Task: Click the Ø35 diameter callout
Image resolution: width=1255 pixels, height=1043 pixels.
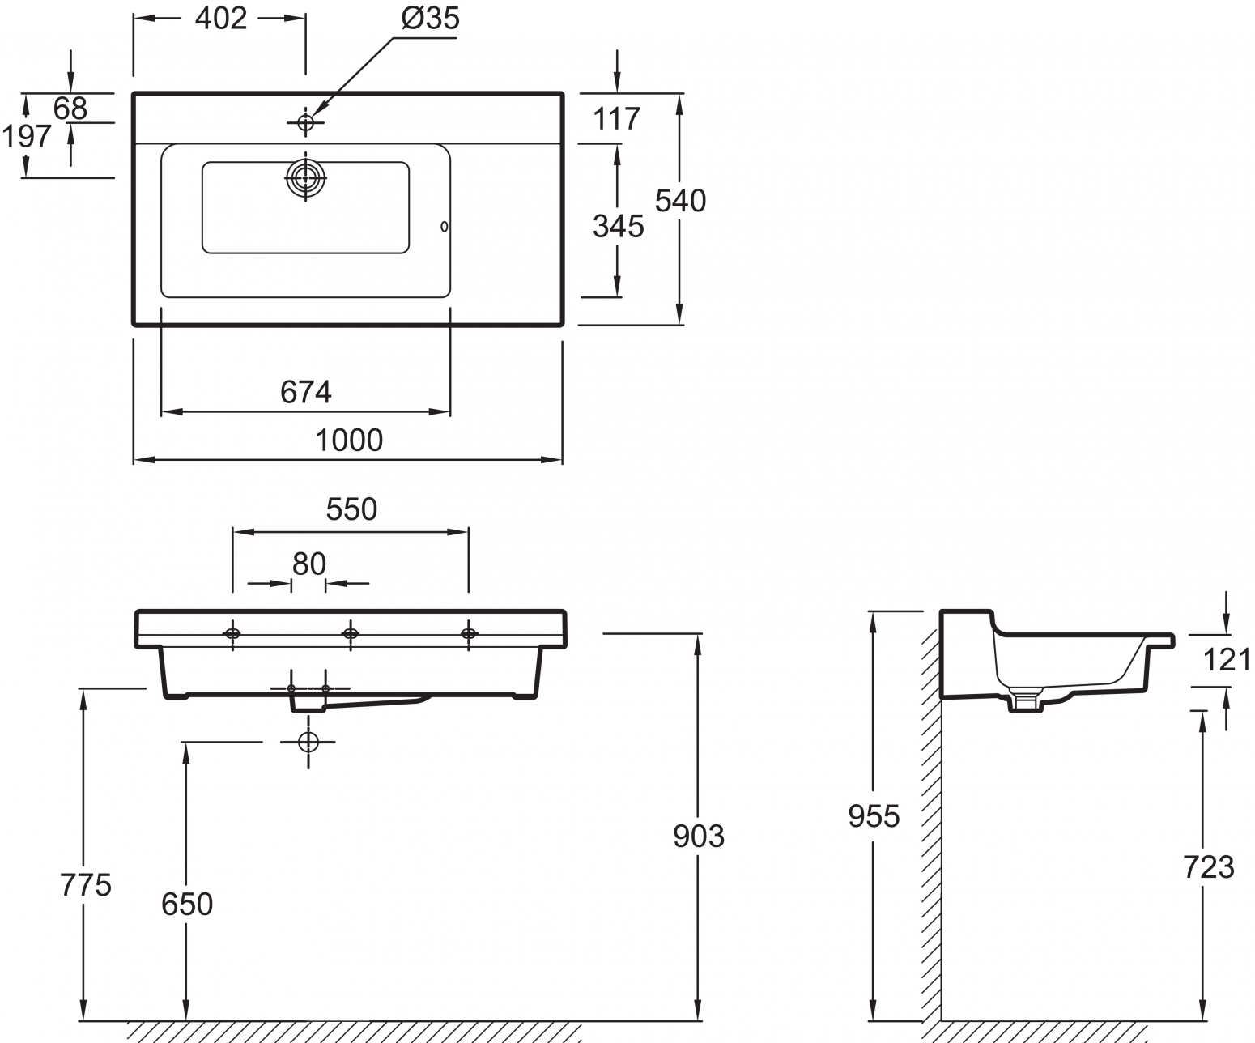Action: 431,18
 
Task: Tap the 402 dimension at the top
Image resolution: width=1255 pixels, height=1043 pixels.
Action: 220,18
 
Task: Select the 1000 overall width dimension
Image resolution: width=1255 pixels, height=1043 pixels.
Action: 349,440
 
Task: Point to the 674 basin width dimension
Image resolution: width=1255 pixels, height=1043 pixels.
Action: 305,392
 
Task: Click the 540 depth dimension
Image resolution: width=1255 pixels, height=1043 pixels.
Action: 680,201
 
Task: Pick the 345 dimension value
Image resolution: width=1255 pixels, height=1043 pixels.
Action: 618,227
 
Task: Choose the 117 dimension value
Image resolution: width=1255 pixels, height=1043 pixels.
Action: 617,118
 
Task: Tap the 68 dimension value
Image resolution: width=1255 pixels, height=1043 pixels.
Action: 70,109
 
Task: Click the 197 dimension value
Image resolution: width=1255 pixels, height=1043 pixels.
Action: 27,137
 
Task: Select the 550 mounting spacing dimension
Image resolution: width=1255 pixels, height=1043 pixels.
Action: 351,509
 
